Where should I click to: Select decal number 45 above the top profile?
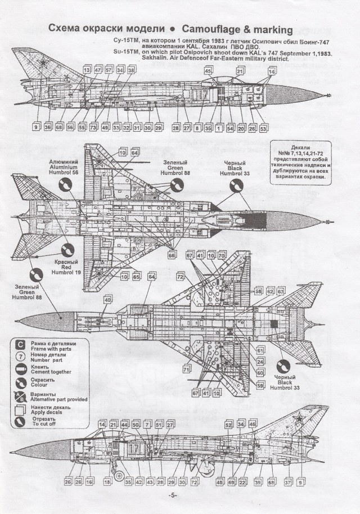coord(208,71)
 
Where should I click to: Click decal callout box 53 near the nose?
coord(263,129)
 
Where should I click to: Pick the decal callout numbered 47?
coord(97,70)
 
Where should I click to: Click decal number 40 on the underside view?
coord(107,300)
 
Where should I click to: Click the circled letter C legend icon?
coord(20,344)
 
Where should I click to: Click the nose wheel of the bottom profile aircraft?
coord(119,475)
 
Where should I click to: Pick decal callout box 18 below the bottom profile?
coord(107,483)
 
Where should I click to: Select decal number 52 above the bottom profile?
coord(229,425)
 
